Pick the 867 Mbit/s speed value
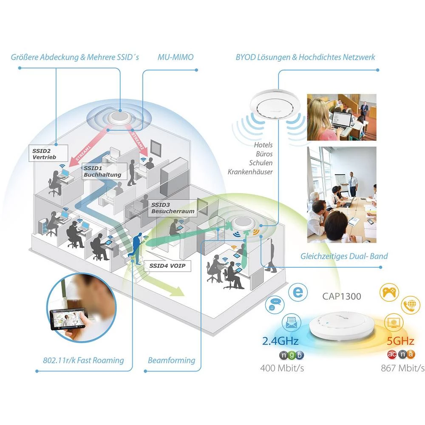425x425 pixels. pos(402,368)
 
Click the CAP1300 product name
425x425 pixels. pos(341,296)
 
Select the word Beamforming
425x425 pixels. pos(171,360)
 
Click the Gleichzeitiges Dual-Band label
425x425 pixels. pos(344,256)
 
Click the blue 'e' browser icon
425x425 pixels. pos(297,293)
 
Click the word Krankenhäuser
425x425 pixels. pos(250,172)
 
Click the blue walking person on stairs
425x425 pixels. pos(137,249)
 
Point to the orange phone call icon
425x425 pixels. pos(411,305)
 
